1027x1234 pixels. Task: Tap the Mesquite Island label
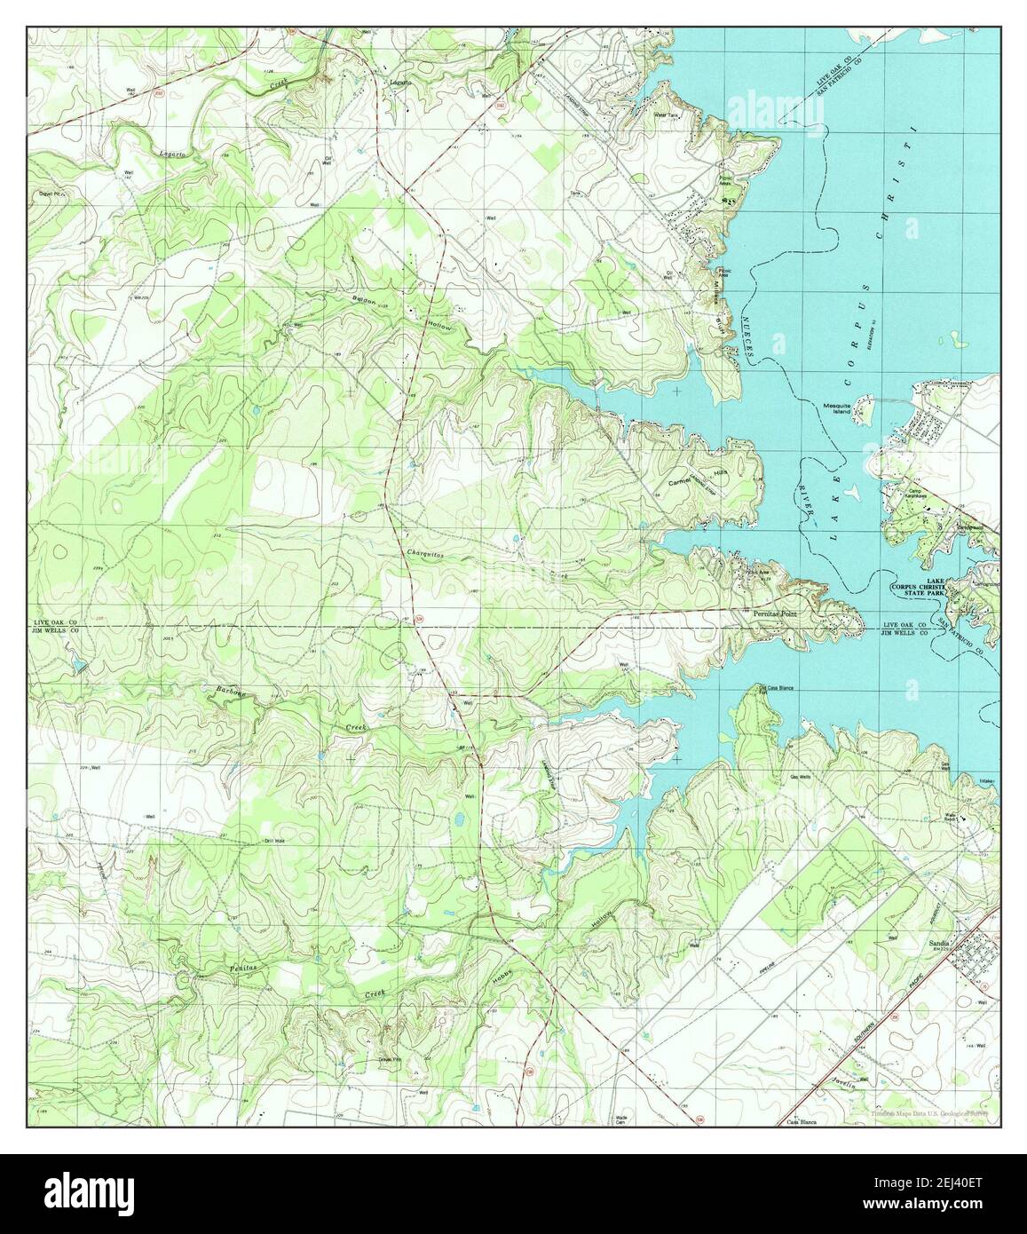(x=837, y=407)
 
